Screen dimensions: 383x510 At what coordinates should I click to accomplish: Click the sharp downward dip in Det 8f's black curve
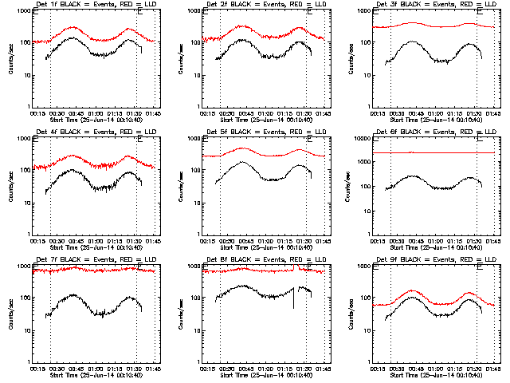pos(294,307)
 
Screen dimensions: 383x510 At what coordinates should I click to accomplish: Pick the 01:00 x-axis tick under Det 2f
pos(265,113)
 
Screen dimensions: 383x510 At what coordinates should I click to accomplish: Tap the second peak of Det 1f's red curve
pos(130,29)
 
